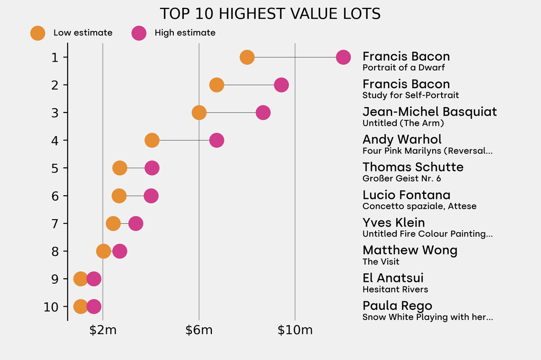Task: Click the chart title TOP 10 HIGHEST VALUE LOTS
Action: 270,14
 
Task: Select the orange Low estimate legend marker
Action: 38,33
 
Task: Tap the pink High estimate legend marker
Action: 139,33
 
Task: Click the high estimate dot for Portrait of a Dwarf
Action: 343,57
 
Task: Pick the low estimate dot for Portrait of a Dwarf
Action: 247,57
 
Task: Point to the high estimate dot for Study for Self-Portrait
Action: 282,84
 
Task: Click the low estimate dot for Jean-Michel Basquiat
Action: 199,112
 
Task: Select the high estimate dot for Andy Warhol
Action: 217,140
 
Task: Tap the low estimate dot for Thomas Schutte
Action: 120,168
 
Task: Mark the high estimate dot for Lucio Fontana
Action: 151,196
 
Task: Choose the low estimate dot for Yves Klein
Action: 113,224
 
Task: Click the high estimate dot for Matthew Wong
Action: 120,251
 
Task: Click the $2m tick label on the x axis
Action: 102,331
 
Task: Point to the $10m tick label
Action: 295,331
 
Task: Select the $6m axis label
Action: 199,331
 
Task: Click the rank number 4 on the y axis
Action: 55,140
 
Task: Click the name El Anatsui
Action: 393,278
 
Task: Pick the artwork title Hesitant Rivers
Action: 395,289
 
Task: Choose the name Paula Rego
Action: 397,306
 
